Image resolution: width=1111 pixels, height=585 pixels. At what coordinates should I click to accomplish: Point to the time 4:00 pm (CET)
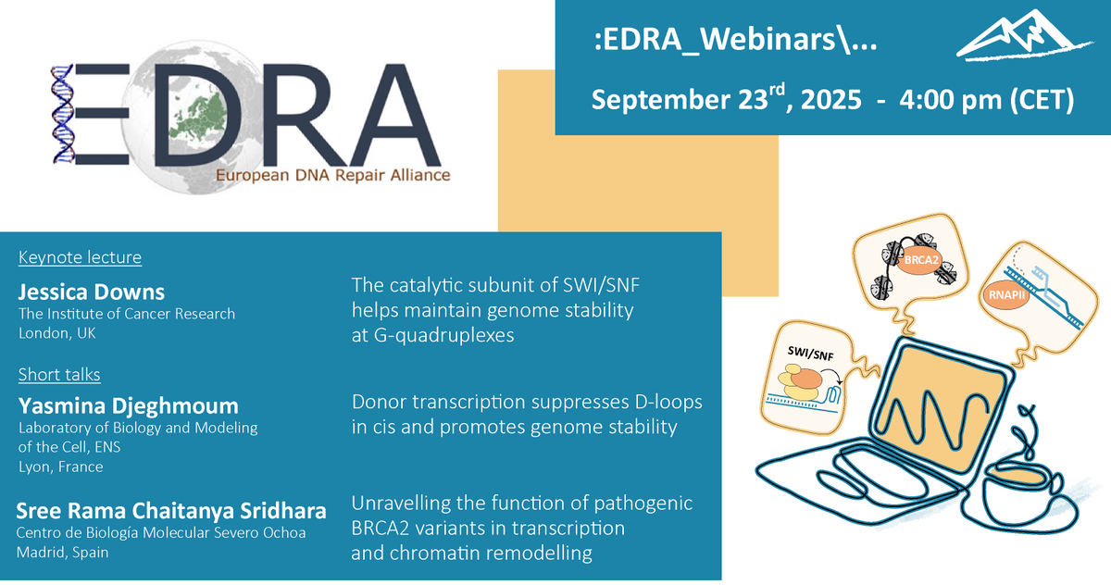(987, 99)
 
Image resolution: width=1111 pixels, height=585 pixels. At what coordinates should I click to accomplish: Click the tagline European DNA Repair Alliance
(332, 175)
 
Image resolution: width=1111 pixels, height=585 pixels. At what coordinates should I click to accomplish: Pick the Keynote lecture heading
(80, 257)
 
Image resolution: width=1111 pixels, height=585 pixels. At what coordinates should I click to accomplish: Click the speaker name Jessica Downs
(92, 292)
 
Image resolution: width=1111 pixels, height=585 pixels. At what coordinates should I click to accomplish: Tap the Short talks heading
(59, 374)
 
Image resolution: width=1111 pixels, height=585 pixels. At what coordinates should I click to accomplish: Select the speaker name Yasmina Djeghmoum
(129, 405)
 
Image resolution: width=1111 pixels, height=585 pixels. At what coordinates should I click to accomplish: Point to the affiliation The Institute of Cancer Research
(127, 314)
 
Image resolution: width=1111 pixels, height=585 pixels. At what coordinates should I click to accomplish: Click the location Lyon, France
(61, 467)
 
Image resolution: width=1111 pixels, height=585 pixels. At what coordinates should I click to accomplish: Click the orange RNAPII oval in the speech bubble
(1001, 293)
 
